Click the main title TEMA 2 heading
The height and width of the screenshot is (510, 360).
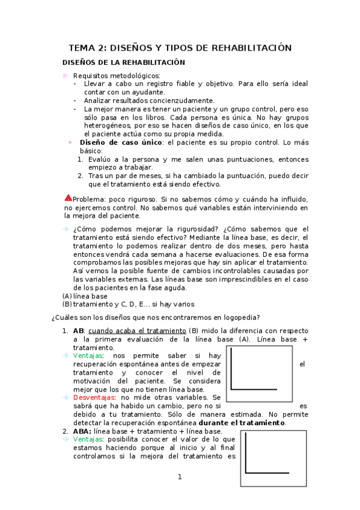click(x=180, y=48)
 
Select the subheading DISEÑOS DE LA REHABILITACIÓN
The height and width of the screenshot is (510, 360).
click(x=124, y=63)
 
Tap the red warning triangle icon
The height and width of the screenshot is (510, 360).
click(x=68, y=198)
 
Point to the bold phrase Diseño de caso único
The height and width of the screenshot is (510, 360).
click(x=115, y=142)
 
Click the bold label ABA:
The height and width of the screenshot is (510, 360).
click(x=82, y=431)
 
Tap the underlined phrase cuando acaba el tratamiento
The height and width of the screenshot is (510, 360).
click(x=137, y=331)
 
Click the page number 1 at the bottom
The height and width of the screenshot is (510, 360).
click(x=179, y=478)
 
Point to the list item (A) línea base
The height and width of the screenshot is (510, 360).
click(x=85, y=296)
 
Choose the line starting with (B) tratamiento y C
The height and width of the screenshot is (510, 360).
click(x=128, y=304)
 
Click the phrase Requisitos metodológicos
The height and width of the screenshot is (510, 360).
click(x=117, y=75)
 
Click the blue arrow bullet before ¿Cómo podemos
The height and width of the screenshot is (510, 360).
click(x=66, y=229)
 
